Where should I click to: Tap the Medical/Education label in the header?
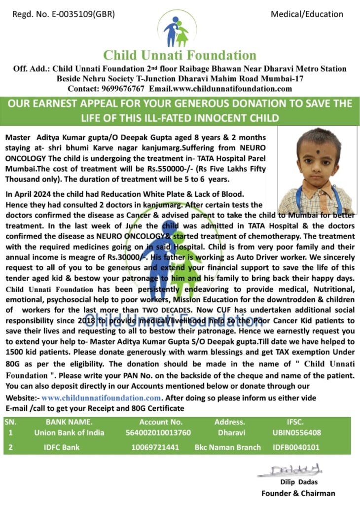(x=307, y=14)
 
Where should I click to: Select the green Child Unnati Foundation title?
(x=180, y=55)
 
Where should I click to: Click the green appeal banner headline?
(x=180, y=111)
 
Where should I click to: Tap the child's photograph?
(x=315, y=171)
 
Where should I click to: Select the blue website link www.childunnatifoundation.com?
(x=101, y=398)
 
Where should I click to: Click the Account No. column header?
(x=161, y=422)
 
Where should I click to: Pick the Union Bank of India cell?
(x=69, y=433)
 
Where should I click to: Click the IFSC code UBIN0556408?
(x=296, y=433)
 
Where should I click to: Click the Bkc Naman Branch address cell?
(x=228, y=447)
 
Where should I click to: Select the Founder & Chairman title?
(x=298, y=493)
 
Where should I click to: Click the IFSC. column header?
(x=296, y=422)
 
